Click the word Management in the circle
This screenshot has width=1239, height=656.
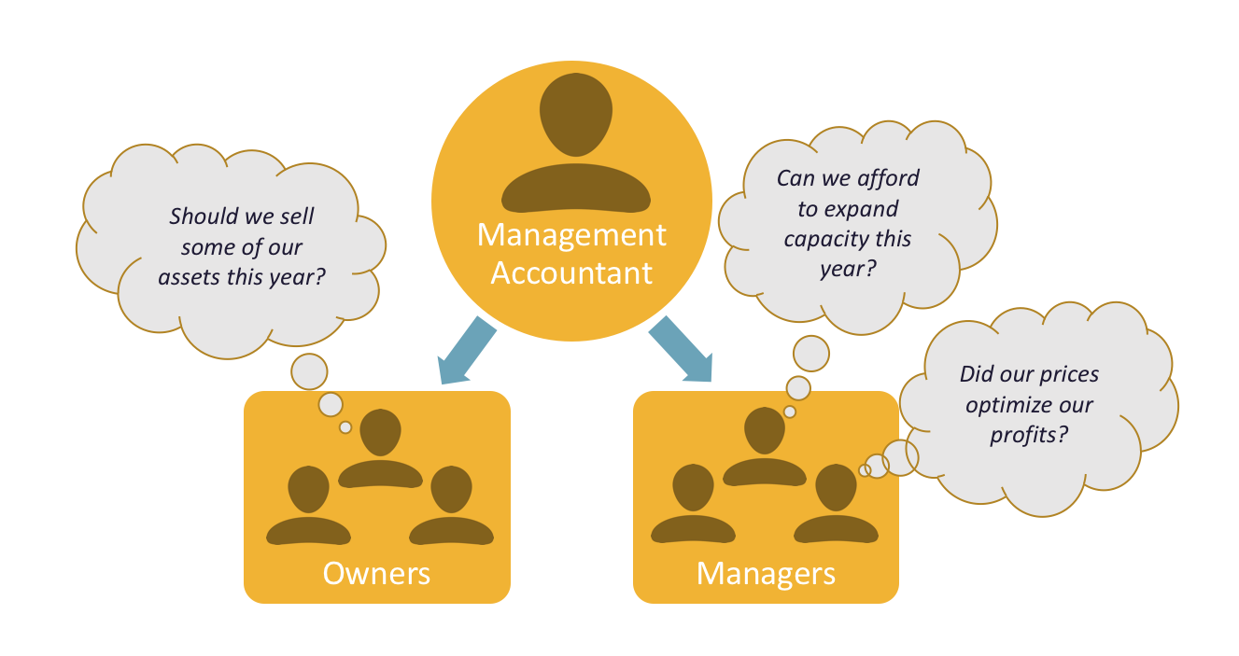(571, 235)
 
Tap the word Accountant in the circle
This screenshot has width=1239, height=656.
(571, 272)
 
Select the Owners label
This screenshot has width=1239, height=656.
(376, 572)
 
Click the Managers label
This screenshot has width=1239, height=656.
(766, 572)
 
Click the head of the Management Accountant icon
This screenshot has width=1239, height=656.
(575, 115)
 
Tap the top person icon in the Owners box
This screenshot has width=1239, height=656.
(379, 434)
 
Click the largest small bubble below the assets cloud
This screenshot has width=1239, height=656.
(309, 370)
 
